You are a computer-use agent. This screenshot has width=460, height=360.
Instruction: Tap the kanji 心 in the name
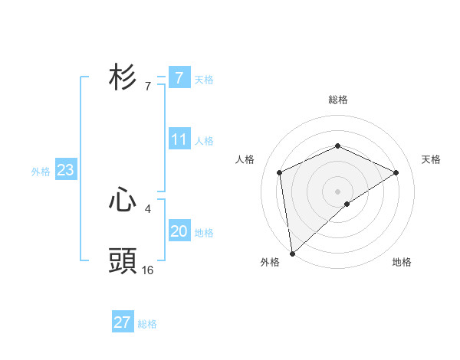click(123, 201)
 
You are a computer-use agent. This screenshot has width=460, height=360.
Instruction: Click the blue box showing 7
click(179, 77)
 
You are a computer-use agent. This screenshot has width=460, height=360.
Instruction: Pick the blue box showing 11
click(179, 139)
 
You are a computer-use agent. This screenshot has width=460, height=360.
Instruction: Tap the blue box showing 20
click(179, 231)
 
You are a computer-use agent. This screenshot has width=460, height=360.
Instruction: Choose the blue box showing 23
click(65, 170)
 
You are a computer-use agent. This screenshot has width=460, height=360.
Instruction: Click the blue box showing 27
click(123, 322)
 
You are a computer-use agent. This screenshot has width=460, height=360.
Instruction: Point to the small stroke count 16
click(148, 270)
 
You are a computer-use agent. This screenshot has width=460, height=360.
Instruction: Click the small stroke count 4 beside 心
click(147, 208)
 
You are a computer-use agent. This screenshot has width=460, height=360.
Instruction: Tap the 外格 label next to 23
click(41, 172)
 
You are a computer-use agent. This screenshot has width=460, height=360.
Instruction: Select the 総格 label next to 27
click(147, 324)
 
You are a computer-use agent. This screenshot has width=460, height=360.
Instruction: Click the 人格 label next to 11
click(204, 141)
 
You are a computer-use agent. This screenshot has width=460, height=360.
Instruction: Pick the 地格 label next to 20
click(204, 233)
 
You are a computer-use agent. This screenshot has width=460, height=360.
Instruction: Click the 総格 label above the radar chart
click(338, 100)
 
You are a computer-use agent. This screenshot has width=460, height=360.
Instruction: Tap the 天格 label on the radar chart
click(431, 159)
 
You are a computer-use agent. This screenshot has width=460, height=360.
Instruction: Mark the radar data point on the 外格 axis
click(292, 253)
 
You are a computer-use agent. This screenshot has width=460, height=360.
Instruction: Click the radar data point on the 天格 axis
click(396, 172)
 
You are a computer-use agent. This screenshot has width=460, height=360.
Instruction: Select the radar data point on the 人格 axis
click(280, 172)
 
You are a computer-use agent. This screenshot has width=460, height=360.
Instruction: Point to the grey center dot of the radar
click(338, 191)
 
